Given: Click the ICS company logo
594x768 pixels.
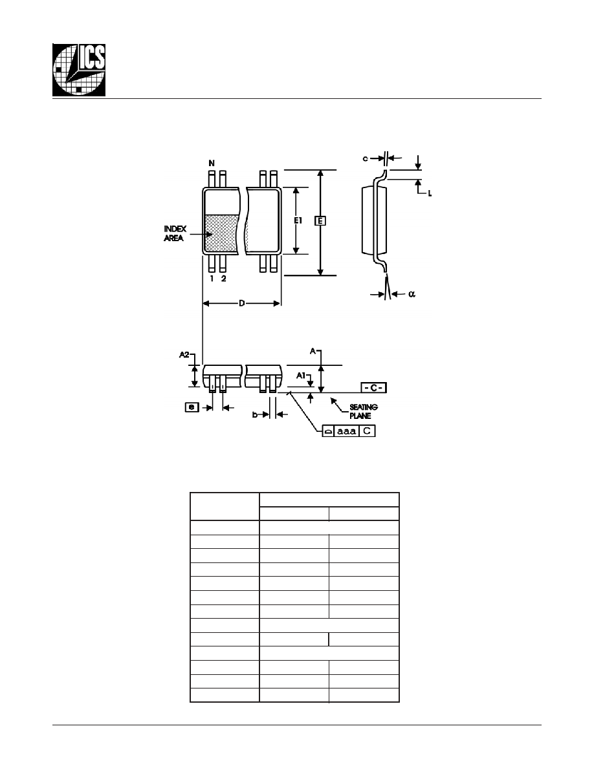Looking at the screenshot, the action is tap(79, 70).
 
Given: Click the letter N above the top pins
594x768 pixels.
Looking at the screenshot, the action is tap(212, 163).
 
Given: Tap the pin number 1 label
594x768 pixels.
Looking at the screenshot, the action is tap(212, 279).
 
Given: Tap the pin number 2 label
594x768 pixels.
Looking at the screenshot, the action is tap(223, 279).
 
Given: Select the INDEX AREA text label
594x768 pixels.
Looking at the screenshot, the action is tap(175, 233).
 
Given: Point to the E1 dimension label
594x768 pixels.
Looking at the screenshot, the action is tap(298, 221).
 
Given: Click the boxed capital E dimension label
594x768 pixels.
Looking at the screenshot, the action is tap(320, 221).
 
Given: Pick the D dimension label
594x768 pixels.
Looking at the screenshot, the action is tap(241, 304).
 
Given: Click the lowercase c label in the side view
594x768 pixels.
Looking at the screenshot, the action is tap(365, 158).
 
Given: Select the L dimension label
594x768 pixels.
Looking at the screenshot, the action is tap(430, 193).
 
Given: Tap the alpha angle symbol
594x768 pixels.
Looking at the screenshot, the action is tap(412, 294).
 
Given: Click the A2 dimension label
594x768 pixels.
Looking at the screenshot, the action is tap(184, 355).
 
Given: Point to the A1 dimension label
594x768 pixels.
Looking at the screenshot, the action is tap(301, 375).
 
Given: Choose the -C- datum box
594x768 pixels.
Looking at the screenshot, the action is tap(373, 388).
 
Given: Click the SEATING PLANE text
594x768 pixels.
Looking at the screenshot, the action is tap(364, 411).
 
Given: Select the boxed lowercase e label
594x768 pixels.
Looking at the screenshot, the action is tap(192, 407).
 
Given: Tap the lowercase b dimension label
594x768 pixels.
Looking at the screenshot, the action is tap(255, 414).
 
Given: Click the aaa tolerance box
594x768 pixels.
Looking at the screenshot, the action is tap(347, 431).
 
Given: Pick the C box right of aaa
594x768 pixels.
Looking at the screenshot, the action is tap(367, 431).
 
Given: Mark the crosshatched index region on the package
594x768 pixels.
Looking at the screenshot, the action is tap(221, 234).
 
